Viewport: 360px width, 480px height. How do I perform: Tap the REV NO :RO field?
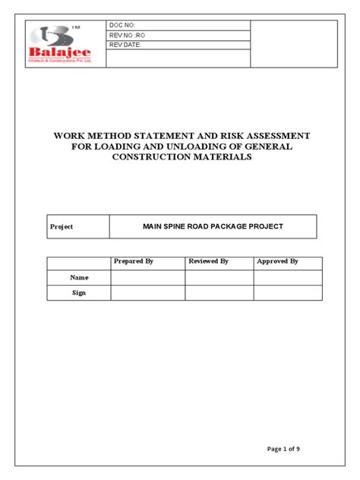tap(125, 36)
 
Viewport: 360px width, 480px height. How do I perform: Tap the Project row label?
tap(62, 227)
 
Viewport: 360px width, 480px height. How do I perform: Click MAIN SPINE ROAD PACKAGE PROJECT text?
tap(213, 226)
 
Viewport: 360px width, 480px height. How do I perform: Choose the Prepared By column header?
tap(134, 261)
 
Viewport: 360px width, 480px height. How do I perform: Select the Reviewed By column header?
tap(209, 261)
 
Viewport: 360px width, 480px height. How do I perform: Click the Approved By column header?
tap(277, 261)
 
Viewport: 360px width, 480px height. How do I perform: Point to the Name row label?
tap(79, 278)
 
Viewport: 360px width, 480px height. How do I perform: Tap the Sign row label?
tap(79, 292)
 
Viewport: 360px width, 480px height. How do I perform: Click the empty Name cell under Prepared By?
tap(148, 278)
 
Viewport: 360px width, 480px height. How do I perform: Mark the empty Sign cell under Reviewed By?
tap(219, 292)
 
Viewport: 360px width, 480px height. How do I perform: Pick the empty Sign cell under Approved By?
tap(288, 292)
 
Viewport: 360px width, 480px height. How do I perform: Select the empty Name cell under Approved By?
tap(288, 278)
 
